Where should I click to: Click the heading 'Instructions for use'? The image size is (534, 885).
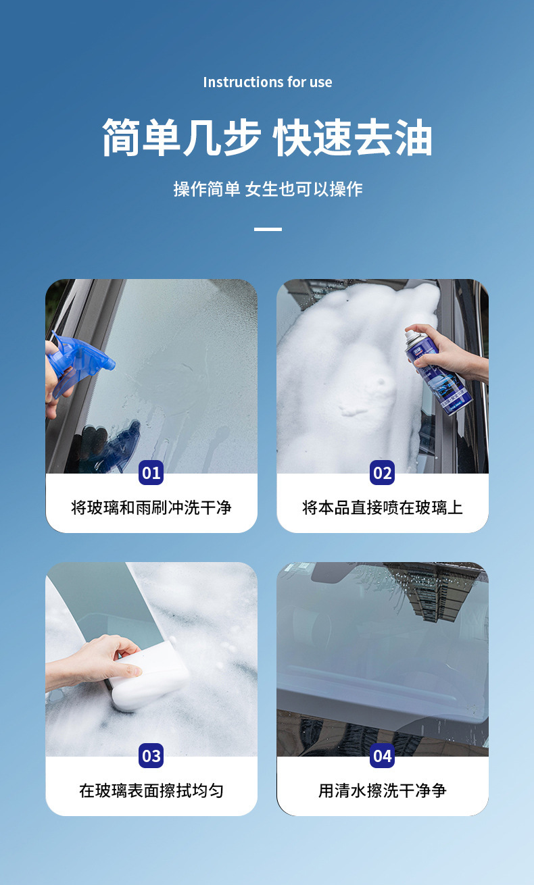267,82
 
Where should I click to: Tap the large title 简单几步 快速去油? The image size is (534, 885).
267,138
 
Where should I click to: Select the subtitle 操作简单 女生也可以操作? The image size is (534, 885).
267,189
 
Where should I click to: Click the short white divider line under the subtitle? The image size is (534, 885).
268,230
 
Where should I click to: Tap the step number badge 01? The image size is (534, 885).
151,473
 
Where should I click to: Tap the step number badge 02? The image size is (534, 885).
383,473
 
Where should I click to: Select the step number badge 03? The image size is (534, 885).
151,756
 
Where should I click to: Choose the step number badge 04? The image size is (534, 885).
383,756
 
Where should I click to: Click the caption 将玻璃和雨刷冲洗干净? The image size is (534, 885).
151,507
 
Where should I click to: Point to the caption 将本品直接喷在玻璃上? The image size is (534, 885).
383,507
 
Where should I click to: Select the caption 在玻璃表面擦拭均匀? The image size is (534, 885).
151,790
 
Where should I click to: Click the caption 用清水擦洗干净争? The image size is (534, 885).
383,790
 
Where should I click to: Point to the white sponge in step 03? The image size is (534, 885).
149,679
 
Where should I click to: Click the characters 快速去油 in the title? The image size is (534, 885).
352,138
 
